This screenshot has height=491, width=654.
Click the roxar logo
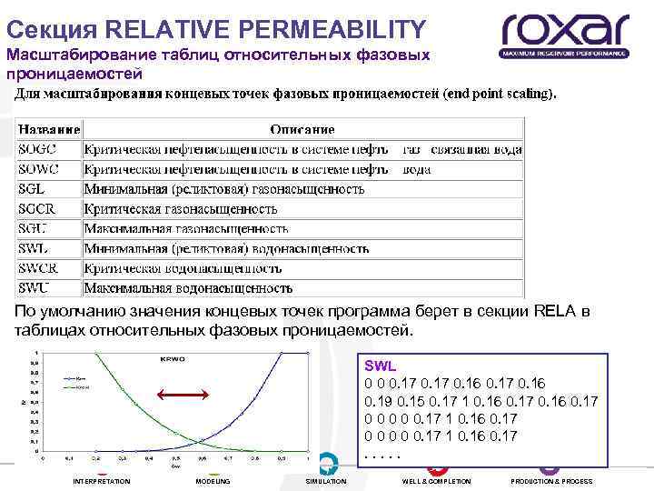tap(564, 35)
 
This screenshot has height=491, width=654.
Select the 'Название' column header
tap(49, 130)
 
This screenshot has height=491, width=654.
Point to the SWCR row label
tap(39, 268)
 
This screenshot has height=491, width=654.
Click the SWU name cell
tap(35, 287)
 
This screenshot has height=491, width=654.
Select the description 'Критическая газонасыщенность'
tap(182, 209)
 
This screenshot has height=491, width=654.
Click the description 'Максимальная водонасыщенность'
tap(188, 288)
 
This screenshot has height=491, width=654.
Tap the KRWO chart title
tap(173, 360)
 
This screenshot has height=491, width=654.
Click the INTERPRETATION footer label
tap(102, 481)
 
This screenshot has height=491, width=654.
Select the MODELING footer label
tap(213, 481)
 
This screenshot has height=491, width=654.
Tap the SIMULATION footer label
tap(326, 481)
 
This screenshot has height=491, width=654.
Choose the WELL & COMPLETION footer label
tap(437, 481)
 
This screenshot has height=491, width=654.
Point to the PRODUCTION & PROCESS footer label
tap(551, 481)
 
